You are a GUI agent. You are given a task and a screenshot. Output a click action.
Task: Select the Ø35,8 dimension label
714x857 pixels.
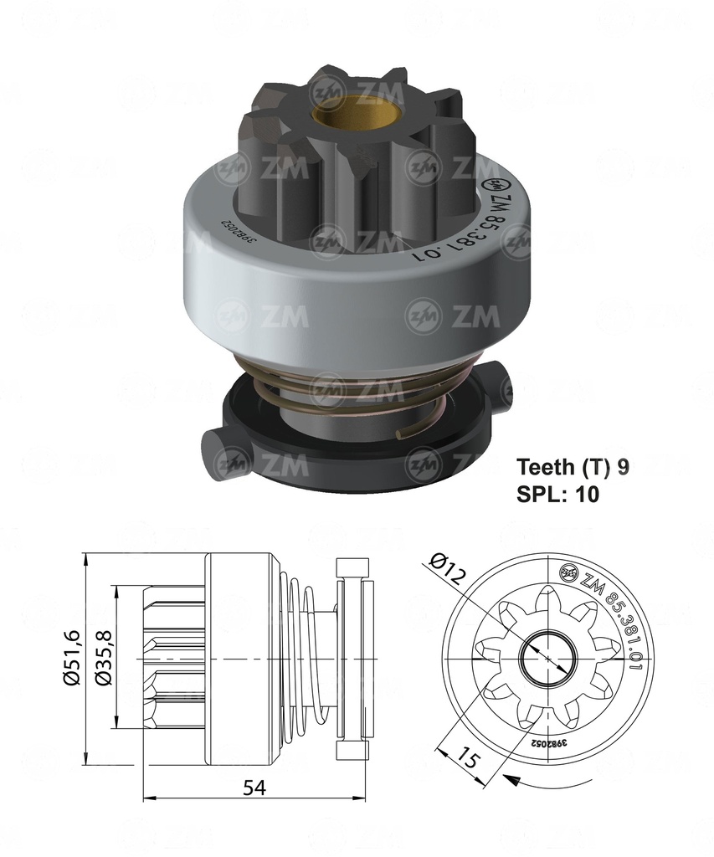tap(104, 659)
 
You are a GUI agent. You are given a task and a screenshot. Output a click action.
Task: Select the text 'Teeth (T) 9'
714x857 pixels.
tap(573, 467)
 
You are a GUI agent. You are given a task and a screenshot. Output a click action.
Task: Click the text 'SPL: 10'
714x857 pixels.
tap(557, 494)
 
